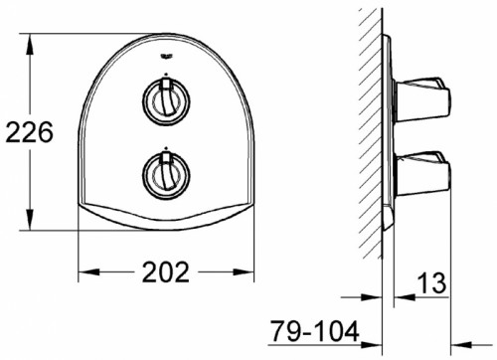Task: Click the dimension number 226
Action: point(29,132)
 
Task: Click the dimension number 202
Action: point(166,271)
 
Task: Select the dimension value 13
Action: point(431,283)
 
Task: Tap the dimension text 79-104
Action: point(315,330)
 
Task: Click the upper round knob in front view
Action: point(166,100)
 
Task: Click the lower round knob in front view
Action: point(166,175)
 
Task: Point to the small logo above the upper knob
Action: point(166,57)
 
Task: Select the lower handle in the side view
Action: point(421,173)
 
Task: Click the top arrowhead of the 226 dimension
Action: point(30,44)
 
